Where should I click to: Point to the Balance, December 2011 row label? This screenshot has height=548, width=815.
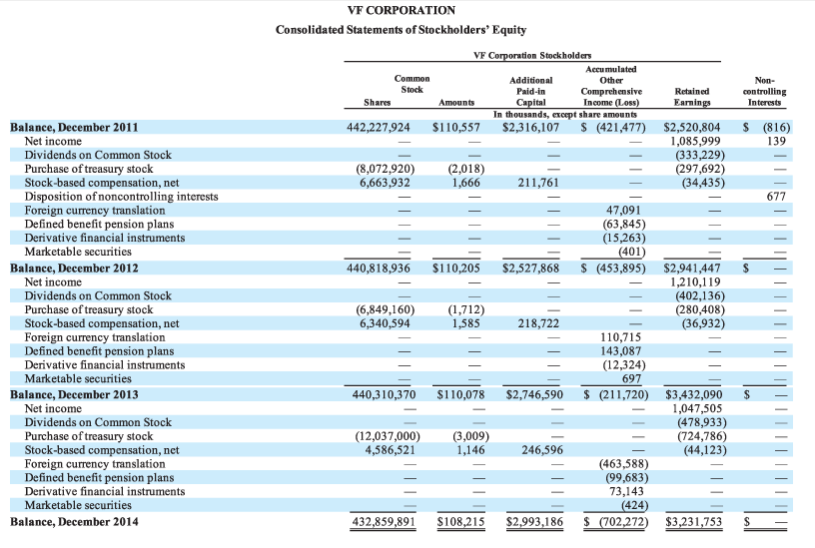[x=74, y=128]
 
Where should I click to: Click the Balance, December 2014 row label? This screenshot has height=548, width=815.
[x=74, y=521]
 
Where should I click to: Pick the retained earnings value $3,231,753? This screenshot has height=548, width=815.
[x=691, y=521]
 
